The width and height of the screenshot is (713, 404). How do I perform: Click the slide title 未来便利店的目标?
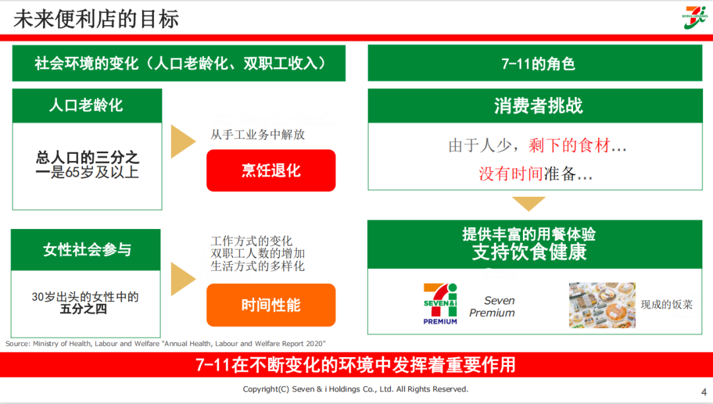pyautogui.click(x=96, y=18)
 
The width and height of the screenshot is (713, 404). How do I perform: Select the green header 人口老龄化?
pyautogui.click(x=86, y=106)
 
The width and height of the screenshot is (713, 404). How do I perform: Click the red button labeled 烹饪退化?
pyautogui.click(x=271, y=170)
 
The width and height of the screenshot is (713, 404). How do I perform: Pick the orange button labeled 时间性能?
pyautogui.click(x=271, y=305)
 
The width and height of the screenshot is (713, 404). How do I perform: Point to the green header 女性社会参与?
pyautogui.click(x=86, y=250)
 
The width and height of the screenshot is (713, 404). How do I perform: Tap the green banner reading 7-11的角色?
pyautogui.click(x=538, y=63)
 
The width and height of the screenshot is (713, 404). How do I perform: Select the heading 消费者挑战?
pyautogui.click(x=538, y=106)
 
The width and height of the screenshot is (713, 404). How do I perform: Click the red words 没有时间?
pyautogui.click(x=511, y=174)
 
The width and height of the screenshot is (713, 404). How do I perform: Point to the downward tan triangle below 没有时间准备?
pyautogui.click(x=529, y=203)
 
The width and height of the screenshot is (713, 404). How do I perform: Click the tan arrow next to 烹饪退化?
pyautogui.click(x=183, y=141)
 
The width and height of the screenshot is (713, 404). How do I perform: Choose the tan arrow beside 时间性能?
pyautogui.click(x=183, y=279)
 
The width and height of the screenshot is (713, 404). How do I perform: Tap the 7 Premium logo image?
pyautogui.click(x=440, y=304)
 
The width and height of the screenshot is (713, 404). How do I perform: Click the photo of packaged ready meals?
pyautogui.click(x=601, y=305)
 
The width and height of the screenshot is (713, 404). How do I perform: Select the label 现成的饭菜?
pyautogui.click(x=666, y=304)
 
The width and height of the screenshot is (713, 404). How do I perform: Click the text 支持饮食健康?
pyautogui.click(x=529, y=252)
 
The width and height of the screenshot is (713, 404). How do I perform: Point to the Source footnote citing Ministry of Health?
pyautogui.click(x=165, y=343)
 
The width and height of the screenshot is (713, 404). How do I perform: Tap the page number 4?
pyautogui.click(x=703, y=391)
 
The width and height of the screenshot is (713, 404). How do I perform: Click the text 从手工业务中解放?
pyautogui.click(x=257, y=135)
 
